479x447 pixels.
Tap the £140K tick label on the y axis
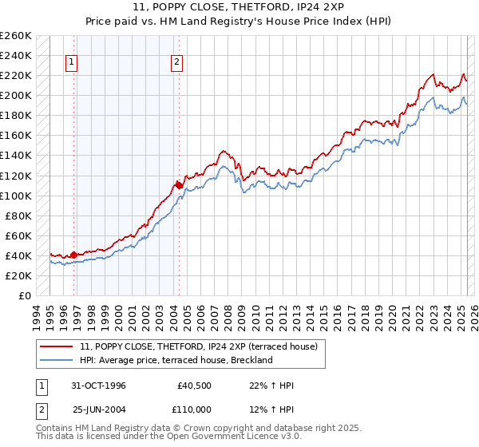tap(16, 156)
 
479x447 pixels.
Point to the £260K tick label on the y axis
tap(16, 36)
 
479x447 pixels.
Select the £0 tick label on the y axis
tap(24, 295)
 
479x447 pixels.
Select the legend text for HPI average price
tap(176, 360)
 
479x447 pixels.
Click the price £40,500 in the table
tap(192, 386)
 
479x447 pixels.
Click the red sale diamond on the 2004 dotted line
tap(179, 185)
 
